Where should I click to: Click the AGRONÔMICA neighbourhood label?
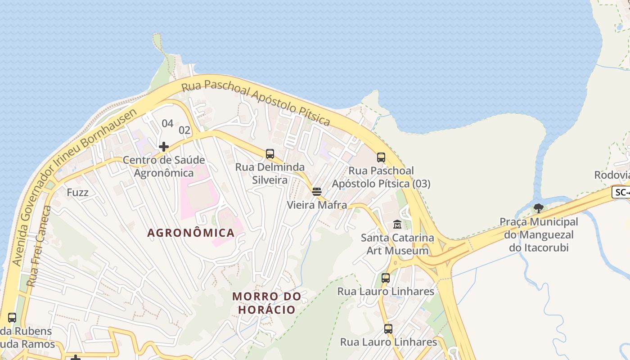[x=191, y=233]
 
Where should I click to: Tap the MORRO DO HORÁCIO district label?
[x=266, y=303]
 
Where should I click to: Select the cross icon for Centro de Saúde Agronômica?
[x=164, y=146]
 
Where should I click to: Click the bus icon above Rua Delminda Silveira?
[x=270, y=154]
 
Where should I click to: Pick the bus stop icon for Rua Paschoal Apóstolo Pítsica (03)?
[x=381, y=157]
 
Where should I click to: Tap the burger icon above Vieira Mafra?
[x=317, y=192]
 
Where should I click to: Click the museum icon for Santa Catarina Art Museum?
[x=397, y=224]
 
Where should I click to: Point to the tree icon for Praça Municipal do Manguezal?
[x=539, y=208]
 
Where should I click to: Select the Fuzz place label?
[x=77, y=193]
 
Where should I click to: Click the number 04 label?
[x=167, y=123]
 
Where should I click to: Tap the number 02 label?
[x=185, y=130]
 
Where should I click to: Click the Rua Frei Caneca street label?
[x=39, y=246]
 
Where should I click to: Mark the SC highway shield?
[x=621, y=192]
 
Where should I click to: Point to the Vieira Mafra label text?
[x=317, y=205]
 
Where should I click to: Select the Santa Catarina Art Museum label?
[x=397, y=244]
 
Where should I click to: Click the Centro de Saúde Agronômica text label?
[x=164, y=166]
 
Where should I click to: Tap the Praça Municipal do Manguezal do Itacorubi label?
[x=539, y=234]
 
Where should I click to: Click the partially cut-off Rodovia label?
[x=612, y=175]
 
